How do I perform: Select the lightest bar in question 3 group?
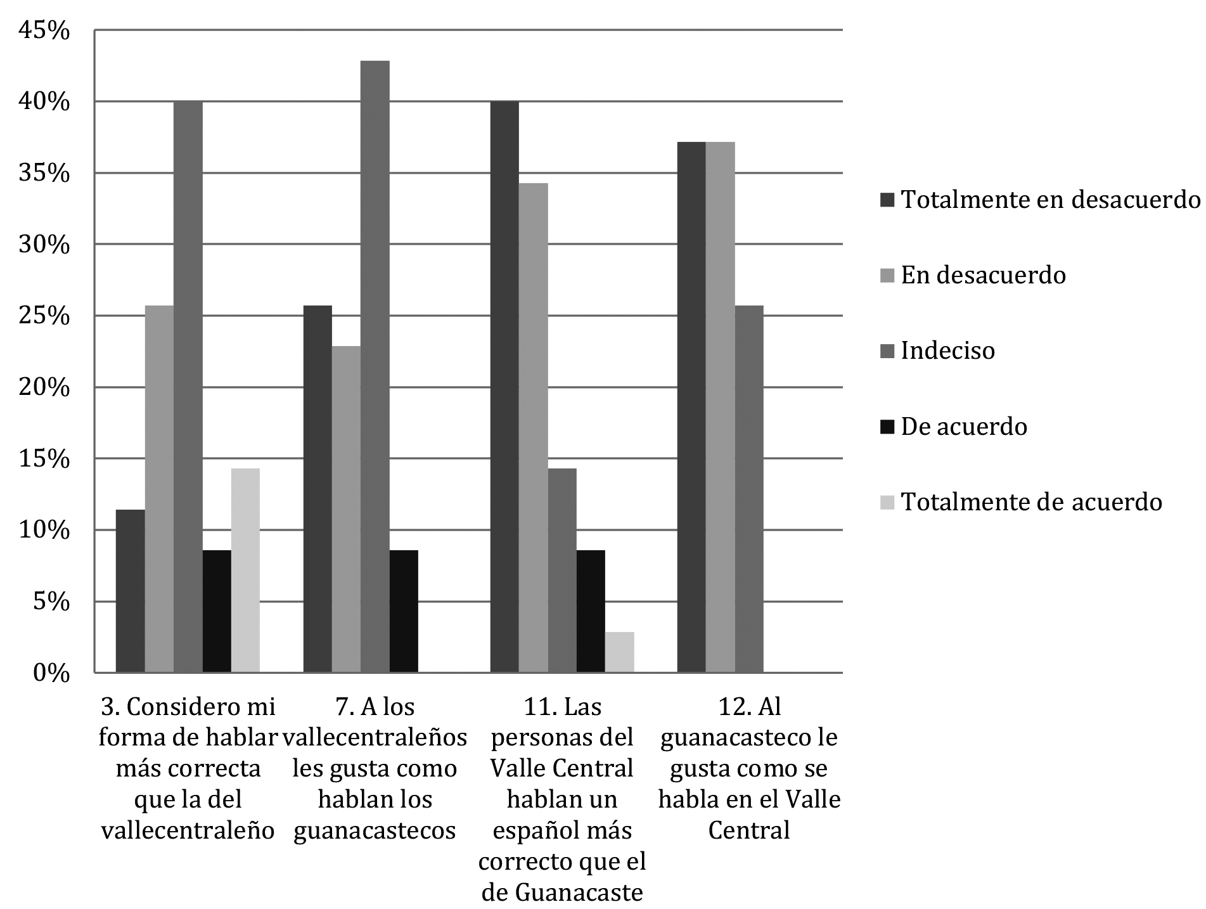(x=245, y=571)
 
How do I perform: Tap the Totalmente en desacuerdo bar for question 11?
(x=504, y=387)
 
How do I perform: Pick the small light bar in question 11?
(x=619, y=652)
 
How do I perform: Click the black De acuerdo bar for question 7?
(x=404, y=611)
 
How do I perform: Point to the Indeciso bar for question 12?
(x=749, y=489)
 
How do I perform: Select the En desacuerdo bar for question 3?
(x=159, y=489)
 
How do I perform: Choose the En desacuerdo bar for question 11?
(x=533, y=428)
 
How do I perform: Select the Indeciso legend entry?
(x=947, y=351)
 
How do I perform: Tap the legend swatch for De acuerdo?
(x=887, y=427)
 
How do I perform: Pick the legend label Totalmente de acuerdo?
(x=1031, y=502)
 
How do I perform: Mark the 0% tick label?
(x=49, y=673)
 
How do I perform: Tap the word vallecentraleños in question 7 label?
(x=375, y=738)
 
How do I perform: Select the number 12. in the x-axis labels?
(x=735, y=706)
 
